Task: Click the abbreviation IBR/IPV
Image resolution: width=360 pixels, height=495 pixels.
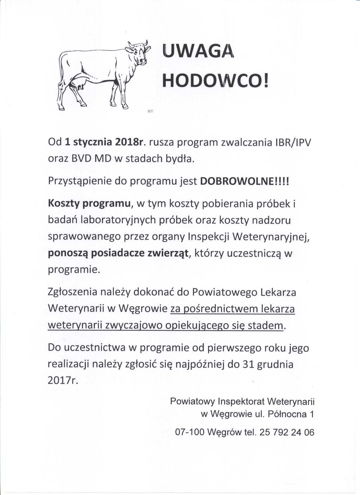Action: pyautogui.click(x=293, y=142)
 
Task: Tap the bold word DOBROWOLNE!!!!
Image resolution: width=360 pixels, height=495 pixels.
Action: pyautogui.click(x=245, y=181)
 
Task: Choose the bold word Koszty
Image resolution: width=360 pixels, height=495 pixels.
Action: pyautogui.click(x=64, y=203)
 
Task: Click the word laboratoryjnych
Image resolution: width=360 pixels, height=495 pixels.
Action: pyautogui.click(x=118, y=220)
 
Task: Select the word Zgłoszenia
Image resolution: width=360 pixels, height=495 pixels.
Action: pyautogui.click(x=73, y=292)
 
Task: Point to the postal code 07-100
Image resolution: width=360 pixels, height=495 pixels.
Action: pyautogui.click(x=189, y=432)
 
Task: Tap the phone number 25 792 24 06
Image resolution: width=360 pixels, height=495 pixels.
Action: pyautogui.click(x=287, y=432)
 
